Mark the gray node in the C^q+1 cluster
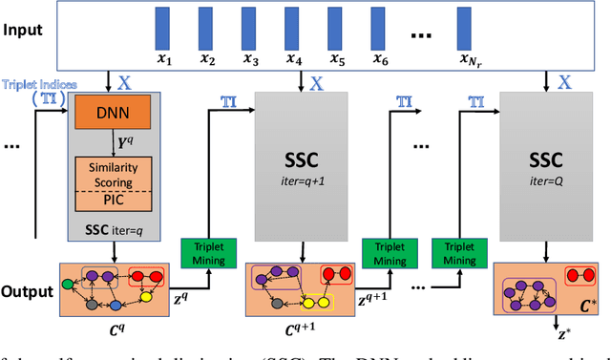click(x=278, y=303)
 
